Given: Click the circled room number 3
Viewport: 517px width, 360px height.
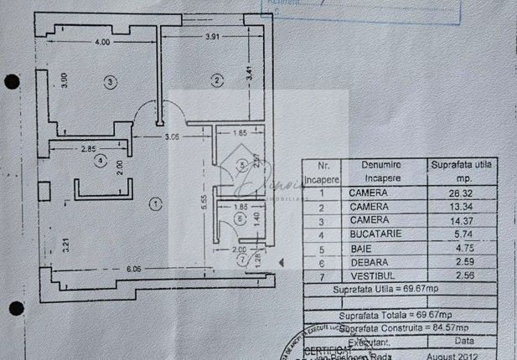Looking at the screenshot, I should pyautogui.click(x=110, y=81).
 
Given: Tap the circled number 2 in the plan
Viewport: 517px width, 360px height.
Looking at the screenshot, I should pyautogui.click(x=216, y=80).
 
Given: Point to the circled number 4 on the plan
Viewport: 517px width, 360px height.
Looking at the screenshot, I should pyautogui.click(x=100, y=159).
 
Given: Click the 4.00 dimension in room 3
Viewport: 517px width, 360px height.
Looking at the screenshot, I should pyautogui.click(x=102, y=41).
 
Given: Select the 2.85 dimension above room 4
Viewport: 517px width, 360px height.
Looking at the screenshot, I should pyautogui.click(x=89, y=148).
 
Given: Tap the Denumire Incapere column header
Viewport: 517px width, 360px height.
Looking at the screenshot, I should pyautogui.click(x=382, y=171).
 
